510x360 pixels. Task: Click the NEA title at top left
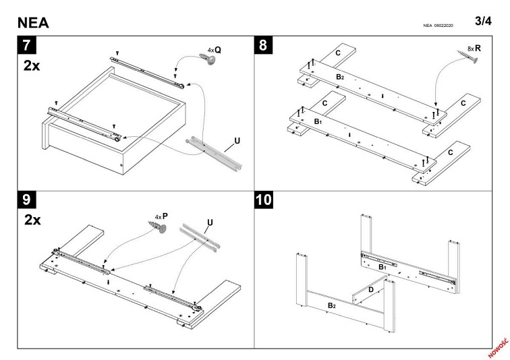33,22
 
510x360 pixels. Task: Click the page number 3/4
483,21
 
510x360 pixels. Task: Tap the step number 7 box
28,47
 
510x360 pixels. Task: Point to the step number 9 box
28,200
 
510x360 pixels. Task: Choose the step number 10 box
266,200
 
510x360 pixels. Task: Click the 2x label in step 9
32,220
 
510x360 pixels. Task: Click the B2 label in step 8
340,78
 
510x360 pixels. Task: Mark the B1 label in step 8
317,121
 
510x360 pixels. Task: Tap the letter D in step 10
370,290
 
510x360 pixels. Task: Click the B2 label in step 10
331,306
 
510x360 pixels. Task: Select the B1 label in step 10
382,267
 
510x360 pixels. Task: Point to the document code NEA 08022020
438,26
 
